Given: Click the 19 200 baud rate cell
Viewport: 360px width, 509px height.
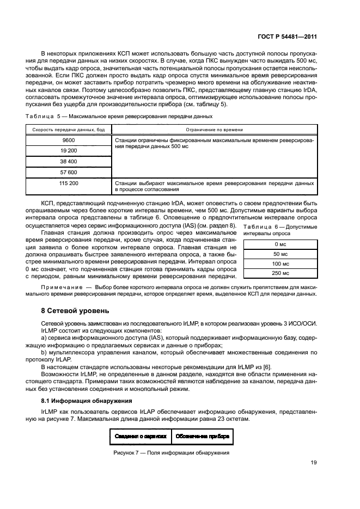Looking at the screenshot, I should click(69, 150).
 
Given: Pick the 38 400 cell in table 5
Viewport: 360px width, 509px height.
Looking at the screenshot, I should click(69, 161).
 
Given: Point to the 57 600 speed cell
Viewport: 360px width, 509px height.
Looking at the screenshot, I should click(69, 172).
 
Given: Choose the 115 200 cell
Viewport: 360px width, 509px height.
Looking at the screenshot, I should click(69, 183).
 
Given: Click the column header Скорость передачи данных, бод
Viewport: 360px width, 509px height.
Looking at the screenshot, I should click(69, 130).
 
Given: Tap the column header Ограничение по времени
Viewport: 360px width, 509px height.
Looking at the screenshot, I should click(214, 130).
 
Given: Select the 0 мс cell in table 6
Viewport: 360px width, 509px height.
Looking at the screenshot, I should click(280, 244).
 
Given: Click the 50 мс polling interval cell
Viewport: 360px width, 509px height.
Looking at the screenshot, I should click(280, 254).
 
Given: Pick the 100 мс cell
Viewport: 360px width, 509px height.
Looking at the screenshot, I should click(280, 263).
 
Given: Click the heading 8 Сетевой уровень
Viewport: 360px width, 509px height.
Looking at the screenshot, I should click(76, 311).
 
